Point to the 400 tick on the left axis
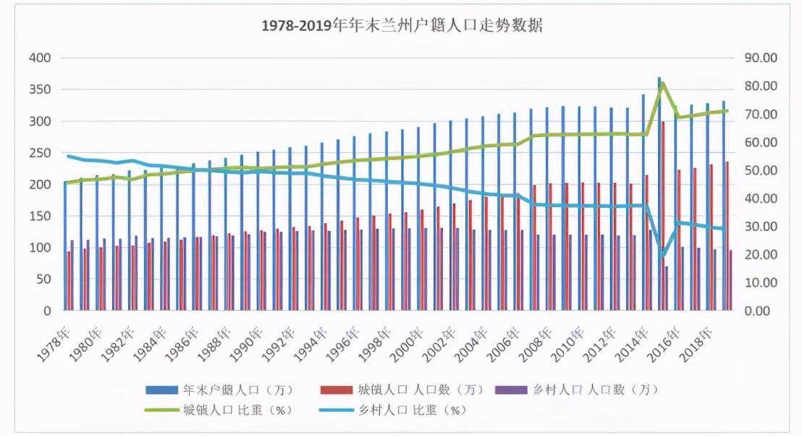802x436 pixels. coord(40,58)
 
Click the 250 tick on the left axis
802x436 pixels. coord(40,153)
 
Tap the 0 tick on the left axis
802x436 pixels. coord(47,311)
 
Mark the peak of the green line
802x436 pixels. coord(662,84)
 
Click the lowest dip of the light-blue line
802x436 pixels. coord(662,256)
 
